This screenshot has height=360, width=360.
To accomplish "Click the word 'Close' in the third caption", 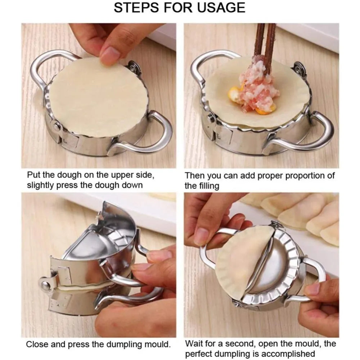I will [37, 344].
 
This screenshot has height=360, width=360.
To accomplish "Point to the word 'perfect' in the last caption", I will [200, 354].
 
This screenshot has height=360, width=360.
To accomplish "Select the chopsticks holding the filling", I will [265, 47].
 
